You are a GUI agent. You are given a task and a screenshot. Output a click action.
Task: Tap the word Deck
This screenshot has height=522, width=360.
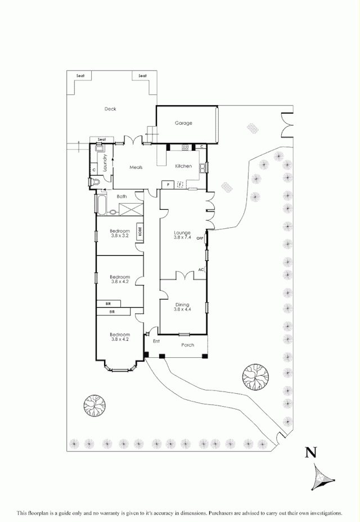(110, 109)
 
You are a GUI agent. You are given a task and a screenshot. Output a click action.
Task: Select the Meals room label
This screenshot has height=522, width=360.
(136, 167)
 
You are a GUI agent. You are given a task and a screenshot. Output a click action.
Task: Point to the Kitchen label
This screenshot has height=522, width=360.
(183, 166)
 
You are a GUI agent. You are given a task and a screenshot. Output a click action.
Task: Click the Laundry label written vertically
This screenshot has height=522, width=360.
(105, 163)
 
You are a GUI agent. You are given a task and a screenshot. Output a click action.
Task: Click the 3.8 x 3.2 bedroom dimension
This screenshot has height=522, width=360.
(120, 236)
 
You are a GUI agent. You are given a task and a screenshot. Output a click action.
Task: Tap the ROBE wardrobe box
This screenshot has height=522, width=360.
(139, 231)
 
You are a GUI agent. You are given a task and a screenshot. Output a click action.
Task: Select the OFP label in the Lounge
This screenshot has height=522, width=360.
(199, 238)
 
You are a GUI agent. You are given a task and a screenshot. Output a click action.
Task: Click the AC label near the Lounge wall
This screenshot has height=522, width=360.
(201, 270)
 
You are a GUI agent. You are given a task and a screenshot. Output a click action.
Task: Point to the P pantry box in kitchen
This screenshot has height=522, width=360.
(168, 184)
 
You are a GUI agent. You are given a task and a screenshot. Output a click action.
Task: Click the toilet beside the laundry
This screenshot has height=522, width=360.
(94, 182)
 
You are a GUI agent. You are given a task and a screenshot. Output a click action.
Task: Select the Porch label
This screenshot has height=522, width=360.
(188, 345)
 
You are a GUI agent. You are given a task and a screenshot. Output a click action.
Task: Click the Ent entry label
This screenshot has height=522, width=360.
(156, 341)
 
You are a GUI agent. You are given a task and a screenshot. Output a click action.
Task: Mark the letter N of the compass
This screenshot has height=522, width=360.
(309, 452)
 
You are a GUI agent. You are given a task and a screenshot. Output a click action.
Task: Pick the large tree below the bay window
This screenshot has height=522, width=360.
(94, 406)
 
